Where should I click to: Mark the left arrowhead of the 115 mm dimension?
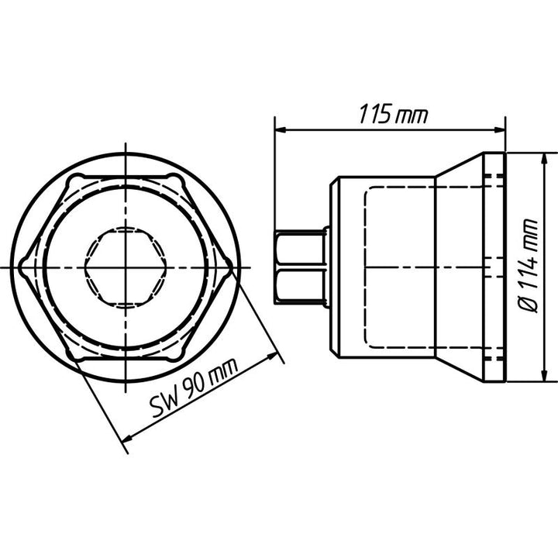pos(280,129)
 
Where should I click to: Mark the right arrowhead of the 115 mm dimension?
pos(501,129)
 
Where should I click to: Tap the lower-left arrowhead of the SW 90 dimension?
pos(127,443)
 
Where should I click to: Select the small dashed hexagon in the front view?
pos(124,267)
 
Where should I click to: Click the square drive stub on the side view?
pos(300,267)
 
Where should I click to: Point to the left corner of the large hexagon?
pos(22,267)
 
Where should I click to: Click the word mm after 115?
pos(412,115)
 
